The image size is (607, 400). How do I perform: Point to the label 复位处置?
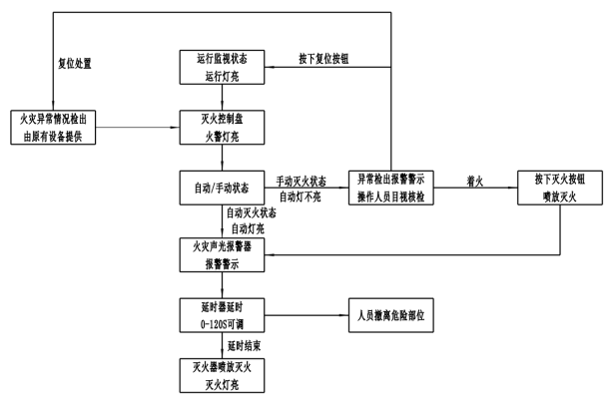75,64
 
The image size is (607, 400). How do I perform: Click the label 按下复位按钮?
323,59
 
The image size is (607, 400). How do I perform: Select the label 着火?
475,181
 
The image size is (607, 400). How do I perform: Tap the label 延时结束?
244,346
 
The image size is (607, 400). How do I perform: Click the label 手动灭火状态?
301,181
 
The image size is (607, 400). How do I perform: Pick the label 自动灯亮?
248,228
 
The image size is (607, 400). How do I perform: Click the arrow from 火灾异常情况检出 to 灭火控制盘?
138,128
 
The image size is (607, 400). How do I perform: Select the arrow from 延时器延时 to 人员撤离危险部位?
306,315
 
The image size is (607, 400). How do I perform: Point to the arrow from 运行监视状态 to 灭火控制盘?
222,97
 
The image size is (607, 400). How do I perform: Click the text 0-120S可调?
222,324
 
